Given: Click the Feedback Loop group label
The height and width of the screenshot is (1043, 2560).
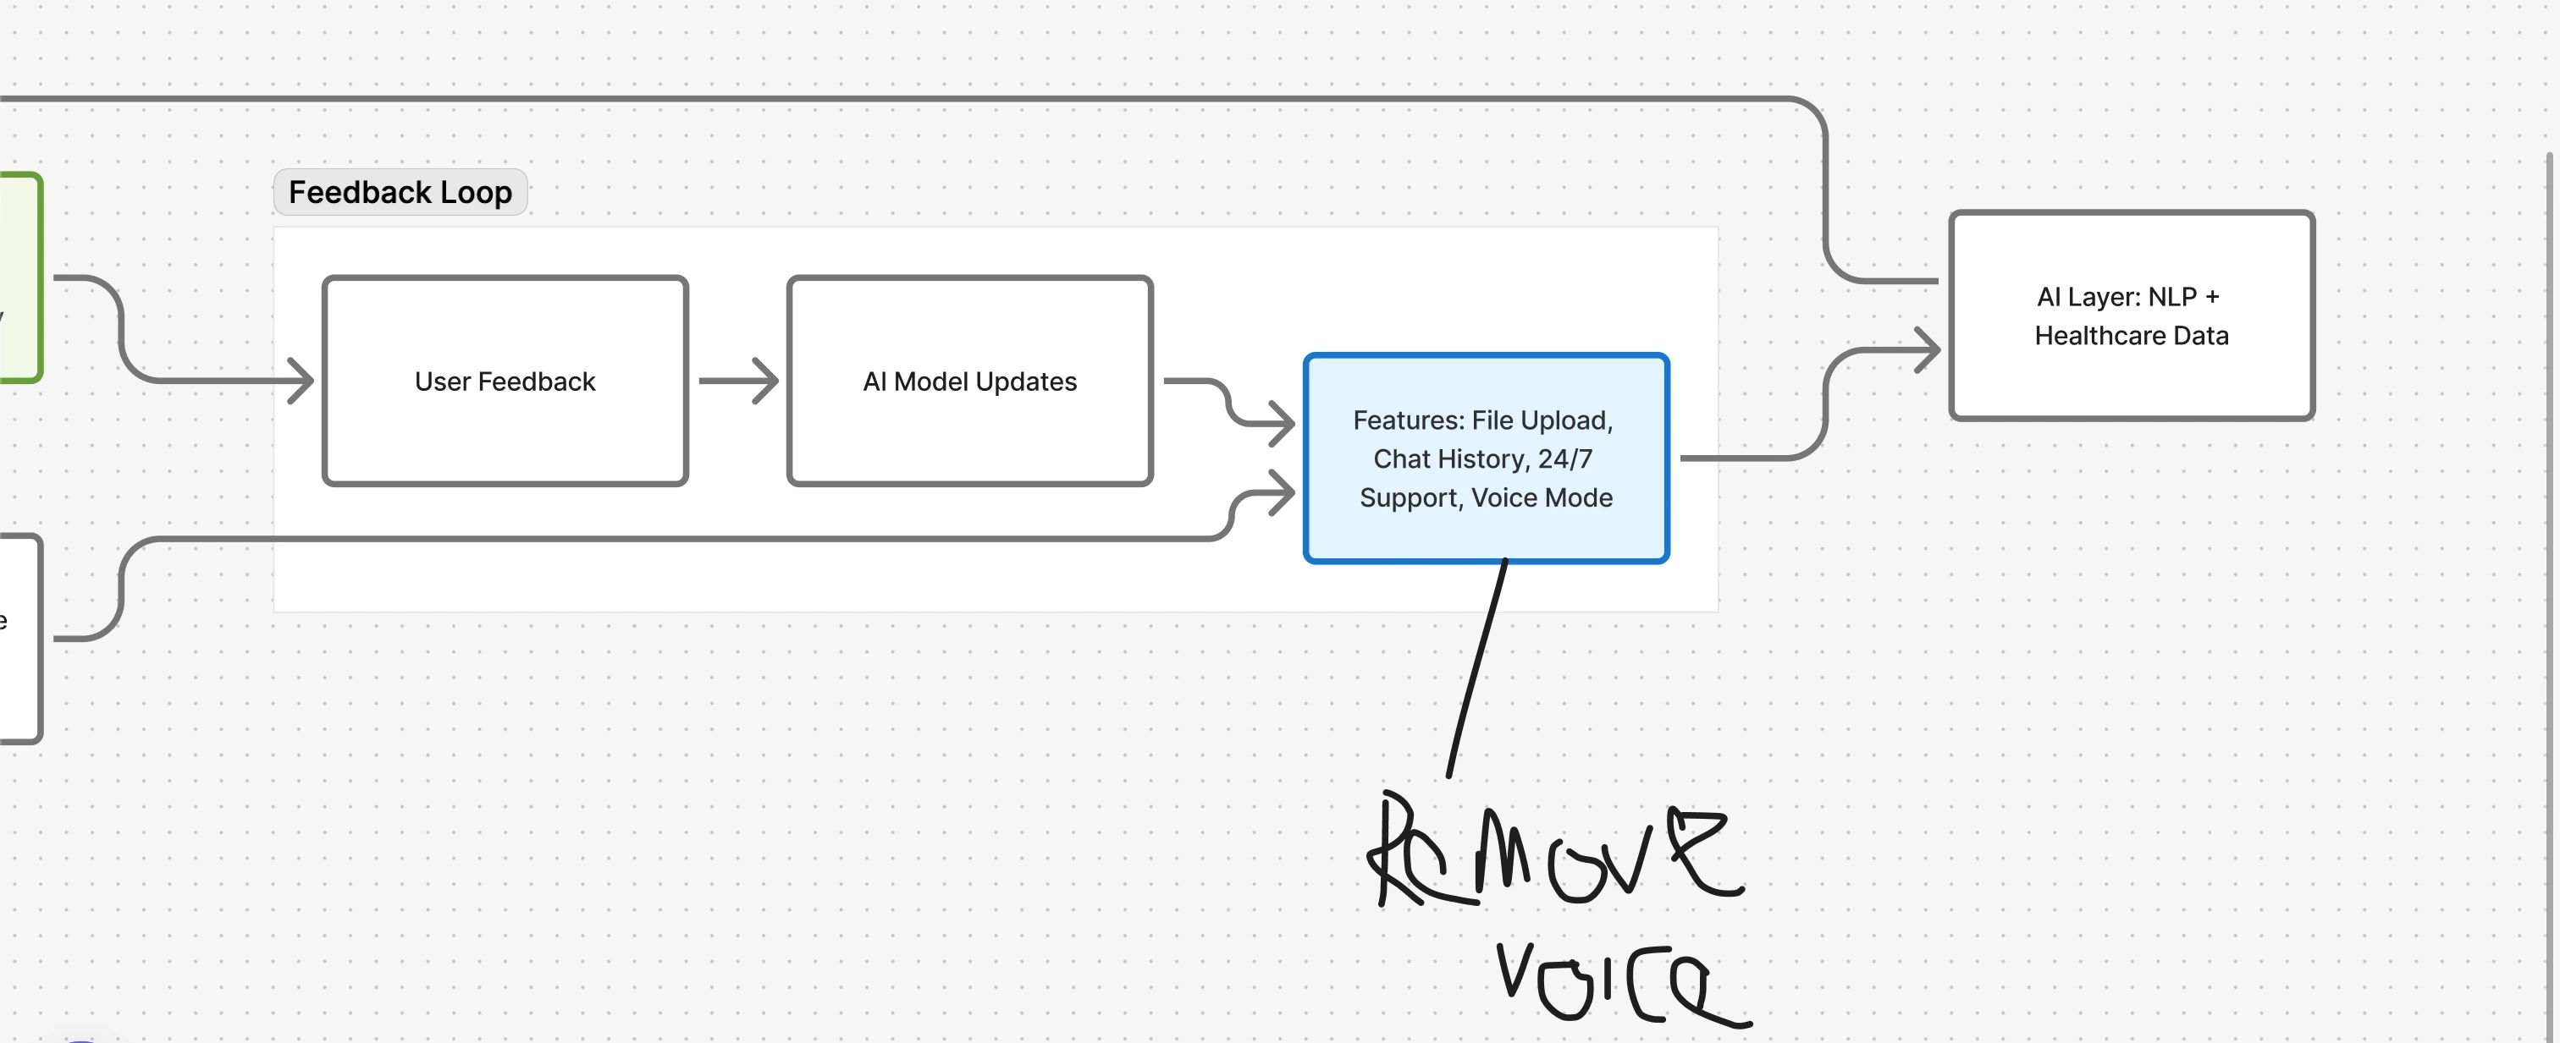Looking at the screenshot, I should [400, 192].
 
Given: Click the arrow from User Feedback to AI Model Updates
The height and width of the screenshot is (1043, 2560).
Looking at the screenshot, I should [737, 381].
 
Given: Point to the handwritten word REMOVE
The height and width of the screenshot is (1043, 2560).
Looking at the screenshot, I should [1555, 854].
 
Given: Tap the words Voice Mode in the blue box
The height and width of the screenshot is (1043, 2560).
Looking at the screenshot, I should [1542, 497].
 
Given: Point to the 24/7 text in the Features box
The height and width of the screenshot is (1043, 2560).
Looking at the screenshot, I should [1565, 459].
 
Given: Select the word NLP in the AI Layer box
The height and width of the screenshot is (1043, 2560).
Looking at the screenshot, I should [2171, 297].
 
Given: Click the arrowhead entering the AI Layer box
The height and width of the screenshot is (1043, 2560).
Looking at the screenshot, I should [1928, 349].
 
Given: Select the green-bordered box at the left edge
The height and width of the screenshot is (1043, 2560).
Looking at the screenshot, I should [19, 277].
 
